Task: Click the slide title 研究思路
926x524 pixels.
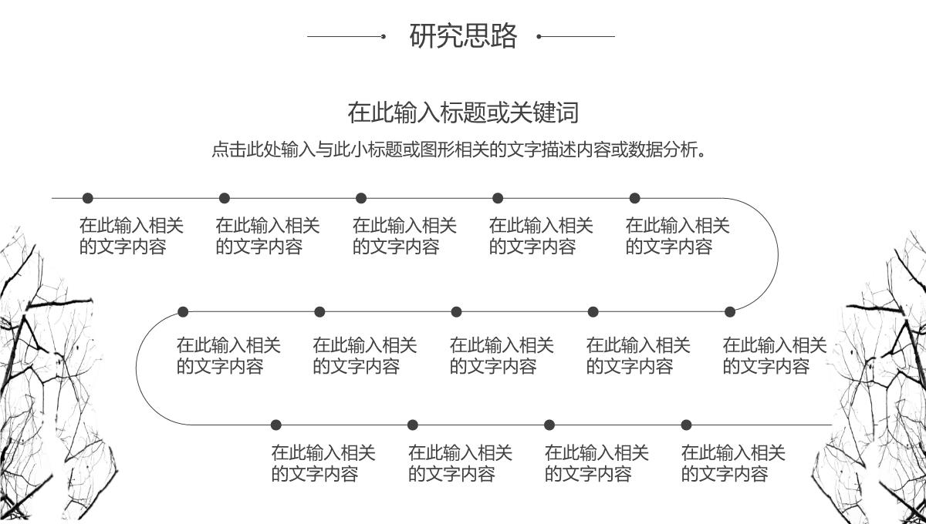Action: point(463,36)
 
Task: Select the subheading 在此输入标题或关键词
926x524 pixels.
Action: point(463,113)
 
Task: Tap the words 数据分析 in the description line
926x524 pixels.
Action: point(663,149)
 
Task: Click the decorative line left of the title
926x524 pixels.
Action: point(346,36)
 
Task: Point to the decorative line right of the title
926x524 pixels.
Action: point(576,36)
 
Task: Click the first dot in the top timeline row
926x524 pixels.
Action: point(87,198)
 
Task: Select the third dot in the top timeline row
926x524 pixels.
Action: point(361,198)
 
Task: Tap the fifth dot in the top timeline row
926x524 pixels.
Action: point(634,198)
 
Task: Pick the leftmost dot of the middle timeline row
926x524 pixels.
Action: point(183,312)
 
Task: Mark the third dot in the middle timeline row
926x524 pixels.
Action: point(456,312)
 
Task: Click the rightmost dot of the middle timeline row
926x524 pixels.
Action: point(730,312)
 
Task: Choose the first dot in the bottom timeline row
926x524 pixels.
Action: point(276,425)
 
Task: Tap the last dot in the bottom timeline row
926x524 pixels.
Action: point(686,425)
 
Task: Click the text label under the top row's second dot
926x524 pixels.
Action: point(267,236)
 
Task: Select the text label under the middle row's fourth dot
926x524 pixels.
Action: point(637,355)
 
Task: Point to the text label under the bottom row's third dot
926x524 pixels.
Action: point(596,463)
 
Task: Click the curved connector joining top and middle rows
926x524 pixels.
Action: point(777,255)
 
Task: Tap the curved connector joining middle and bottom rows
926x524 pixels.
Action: point(137,368)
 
